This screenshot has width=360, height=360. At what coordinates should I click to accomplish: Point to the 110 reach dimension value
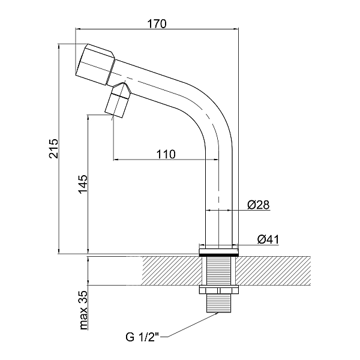click(x=165, y=154)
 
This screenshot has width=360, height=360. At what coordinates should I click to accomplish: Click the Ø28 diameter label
click(x=258, y=205)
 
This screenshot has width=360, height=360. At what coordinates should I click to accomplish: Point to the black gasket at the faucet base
click(x=218, y=254)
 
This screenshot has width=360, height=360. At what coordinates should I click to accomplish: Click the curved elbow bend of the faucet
click(x=207, y=114)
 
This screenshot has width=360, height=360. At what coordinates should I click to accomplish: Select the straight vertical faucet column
click(x=218, y=198)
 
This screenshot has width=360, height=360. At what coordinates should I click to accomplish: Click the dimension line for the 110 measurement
click(x=165, y=160)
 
